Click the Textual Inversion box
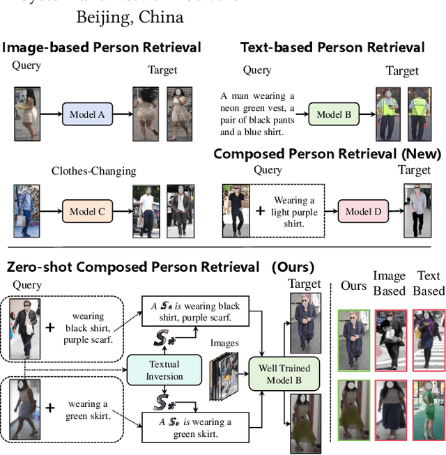point(164,370)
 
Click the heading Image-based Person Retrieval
point(102,47)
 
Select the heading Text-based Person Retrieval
point(332,47)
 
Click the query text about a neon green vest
point(257,114)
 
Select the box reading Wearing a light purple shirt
point(295,213)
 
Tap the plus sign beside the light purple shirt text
point(260,210)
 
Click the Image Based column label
point(389,284)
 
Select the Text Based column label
point(428,284)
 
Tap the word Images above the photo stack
point(224,343)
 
